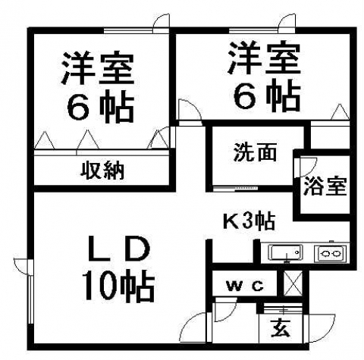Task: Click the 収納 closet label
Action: (102, 171)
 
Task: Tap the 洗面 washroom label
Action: (255, 152)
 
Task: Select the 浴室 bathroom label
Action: (325, 186)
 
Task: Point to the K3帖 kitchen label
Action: (249, 221)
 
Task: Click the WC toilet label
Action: (245, 286)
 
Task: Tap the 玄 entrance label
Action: (281, 327)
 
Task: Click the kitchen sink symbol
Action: (287, 252)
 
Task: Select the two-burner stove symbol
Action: (330, 253)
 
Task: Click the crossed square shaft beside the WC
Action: (293, 283)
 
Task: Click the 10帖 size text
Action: (118, 286)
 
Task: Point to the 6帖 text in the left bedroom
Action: (100, 106)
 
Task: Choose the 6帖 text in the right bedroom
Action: (267, 96)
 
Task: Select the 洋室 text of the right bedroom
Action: (264, 58)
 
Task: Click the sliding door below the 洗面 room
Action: (236, 188)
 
